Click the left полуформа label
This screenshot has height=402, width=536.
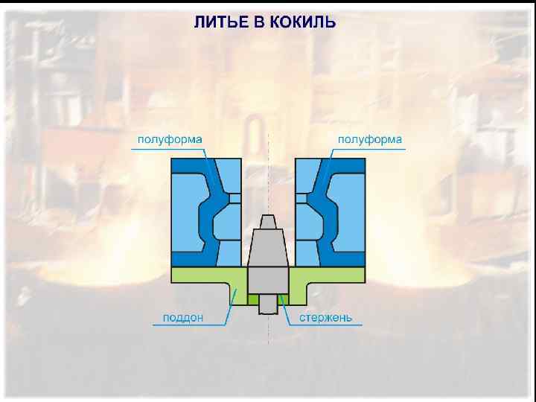coord(169,139)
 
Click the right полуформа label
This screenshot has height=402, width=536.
coord(370,139)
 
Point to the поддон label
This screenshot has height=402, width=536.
coord(182,318)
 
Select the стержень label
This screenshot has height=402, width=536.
coord(326,318)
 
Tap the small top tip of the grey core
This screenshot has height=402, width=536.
coord(268,221)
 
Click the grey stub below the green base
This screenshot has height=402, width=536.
coord(268,306)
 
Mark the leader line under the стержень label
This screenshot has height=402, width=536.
coord(328,326)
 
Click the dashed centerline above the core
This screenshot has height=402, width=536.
coord(268,171)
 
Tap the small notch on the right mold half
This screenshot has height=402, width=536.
coord(301,198)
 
